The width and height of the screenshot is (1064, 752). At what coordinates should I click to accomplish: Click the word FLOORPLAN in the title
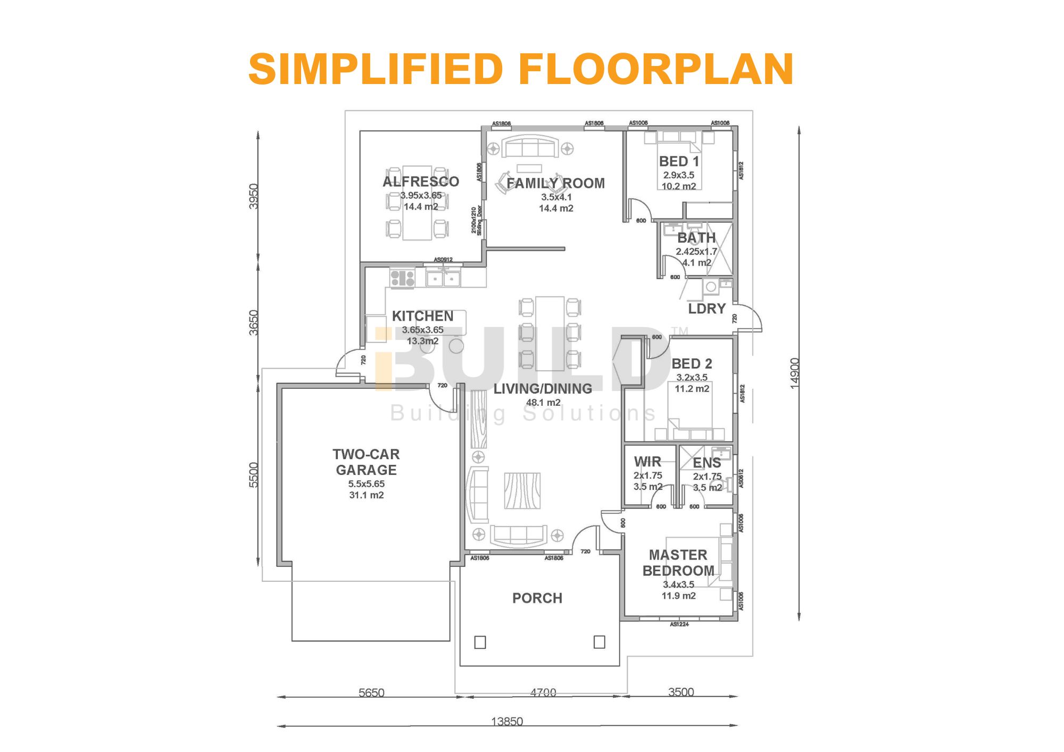[x=655, y=70]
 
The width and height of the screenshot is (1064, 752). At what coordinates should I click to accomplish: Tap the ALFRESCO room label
[x=420, y=182]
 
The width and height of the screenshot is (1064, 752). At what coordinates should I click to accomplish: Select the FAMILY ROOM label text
[x=555, y=183]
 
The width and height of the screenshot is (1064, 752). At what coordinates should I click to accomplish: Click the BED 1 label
[x=679, y=162]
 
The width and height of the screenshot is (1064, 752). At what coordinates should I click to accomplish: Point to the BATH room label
[x=696, y=238]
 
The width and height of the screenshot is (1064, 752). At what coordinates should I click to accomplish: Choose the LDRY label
[x=706, y=309]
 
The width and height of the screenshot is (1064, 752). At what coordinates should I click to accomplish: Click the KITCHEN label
[x=422, y=316]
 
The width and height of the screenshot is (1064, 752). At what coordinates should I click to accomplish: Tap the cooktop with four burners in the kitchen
[x=402, y=279]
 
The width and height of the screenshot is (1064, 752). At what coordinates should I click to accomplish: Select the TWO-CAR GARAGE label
[x=366, y=462]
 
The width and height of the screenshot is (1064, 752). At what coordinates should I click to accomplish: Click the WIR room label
[x=647, y=462]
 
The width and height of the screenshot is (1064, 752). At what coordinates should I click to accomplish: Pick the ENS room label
[x=706, y=463]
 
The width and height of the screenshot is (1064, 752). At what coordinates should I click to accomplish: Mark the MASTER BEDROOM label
[x=678, y=563]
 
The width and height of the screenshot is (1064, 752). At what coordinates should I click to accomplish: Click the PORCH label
[x=537, y=598]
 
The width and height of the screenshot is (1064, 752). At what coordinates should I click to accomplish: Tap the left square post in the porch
[x=480, y=642]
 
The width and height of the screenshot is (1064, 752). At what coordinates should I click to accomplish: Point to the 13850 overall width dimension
[x=506, y=722]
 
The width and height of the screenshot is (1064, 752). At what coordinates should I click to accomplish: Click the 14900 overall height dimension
[x=794, y=373]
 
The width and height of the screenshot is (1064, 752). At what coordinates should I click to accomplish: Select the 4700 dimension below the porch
[x=543, y=692]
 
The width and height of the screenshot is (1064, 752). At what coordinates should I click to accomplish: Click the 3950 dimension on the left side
[x=254, y=196]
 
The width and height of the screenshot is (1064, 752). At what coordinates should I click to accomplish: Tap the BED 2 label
[x=692, y=364]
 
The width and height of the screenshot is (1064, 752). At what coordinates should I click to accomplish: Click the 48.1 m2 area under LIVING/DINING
[x=543, y=403]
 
